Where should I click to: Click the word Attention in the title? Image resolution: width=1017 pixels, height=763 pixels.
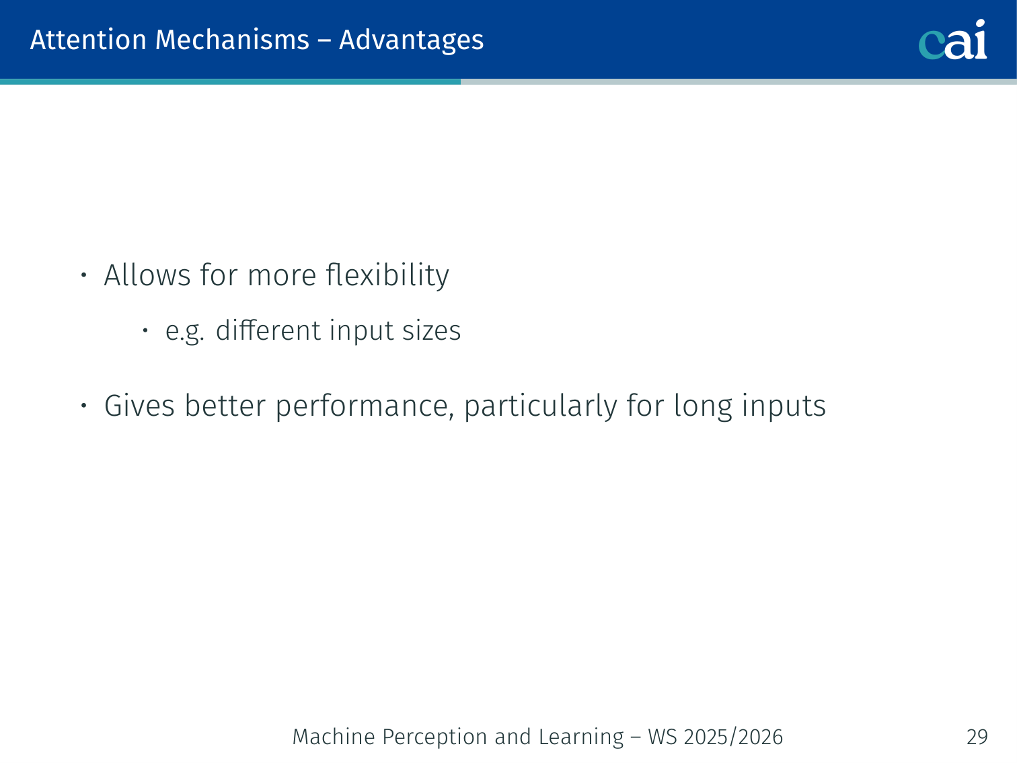tap(89, 40)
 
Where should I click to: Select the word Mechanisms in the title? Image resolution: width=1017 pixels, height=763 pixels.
tap(232, 40)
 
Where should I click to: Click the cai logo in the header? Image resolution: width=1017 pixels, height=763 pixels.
tap(952, 40)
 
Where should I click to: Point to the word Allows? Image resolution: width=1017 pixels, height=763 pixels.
tap(147, 275)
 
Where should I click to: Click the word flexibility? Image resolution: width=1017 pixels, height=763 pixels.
tap(387, 276)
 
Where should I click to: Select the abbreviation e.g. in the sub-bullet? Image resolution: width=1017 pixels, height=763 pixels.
tap(185, 332)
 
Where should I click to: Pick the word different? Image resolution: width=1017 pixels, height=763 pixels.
tap(269, 330)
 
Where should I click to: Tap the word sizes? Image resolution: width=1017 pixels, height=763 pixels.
tap(431, 331)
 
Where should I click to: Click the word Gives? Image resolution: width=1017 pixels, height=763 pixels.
tap(139, 406)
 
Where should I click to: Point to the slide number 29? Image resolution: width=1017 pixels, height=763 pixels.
tap(977, 737)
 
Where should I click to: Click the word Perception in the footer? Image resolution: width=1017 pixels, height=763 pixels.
tap(434, 737)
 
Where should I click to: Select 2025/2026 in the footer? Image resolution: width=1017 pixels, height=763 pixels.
tap(733, 737)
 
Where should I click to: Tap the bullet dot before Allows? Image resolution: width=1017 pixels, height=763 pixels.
tap(83, 275)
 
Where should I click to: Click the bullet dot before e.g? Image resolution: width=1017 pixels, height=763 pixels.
tap(145, 330)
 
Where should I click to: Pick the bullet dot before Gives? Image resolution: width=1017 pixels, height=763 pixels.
tap(83, 406)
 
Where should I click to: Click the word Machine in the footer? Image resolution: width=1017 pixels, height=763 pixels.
tap(334, 737)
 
